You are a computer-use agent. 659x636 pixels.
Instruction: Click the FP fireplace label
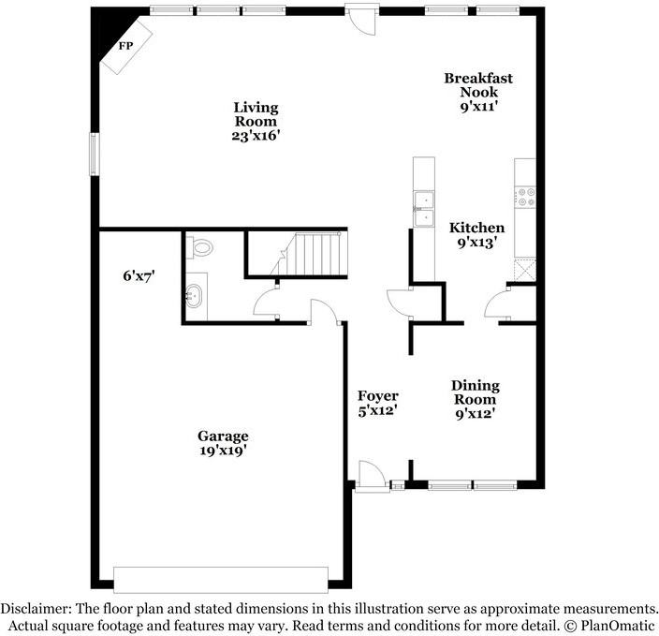click(x=125, y=46)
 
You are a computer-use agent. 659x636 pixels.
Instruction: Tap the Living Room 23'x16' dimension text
click(x=256, y=136)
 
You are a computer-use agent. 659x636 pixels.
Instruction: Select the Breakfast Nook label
click(x=478, y=85)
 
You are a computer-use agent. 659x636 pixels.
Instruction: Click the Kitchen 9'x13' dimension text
click(x=475, y=243)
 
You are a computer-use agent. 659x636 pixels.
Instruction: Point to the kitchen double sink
click(x=424, y=209)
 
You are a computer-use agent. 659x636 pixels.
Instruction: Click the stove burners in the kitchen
click(x=527, y=198)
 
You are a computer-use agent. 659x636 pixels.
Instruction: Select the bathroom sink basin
click(x=194, y=296)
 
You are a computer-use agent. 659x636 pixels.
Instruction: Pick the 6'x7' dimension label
click(x=139, y=276)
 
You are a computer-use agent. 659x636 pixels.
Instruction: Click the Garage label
click(x=223, y=436)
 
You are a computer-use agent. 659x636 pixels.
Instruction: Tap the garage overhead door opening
click(x=221, y=580)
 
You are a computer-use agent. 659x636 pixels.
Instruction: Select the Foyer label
click(x=378, y=396)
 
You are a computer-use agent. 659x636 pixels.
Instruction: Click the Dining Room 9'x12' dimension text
click(x=475, y=414)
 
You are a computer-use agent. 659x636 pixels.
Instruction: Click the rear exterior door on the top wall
click(x=360, y=20)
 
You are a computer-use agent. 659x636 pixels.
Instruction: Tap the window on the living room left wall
click(x=95, y=155)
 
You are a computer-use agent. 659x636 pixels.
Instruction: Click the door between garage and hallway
click(x=325, y=312)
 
